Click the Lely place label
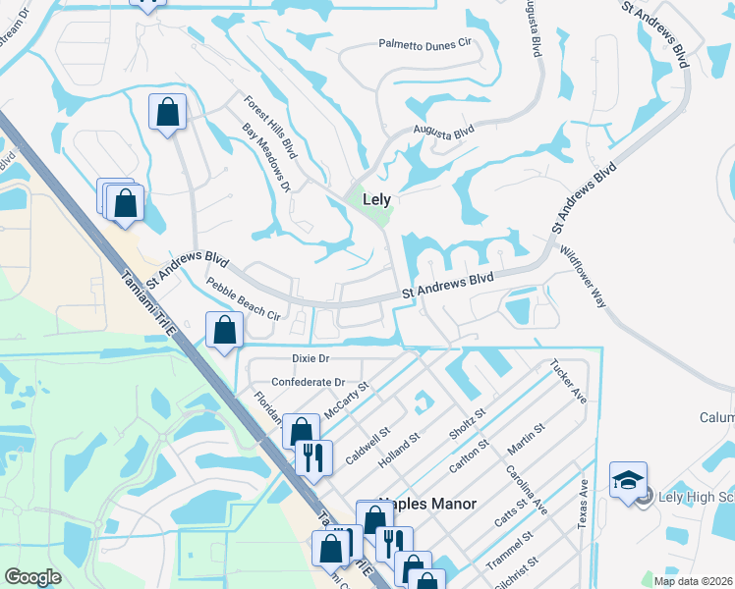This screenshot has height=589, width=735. click(377, 198)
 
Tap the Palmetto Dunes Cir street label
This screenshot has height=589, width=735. click(427, 44)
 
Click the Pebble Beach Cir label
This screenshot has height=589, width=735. click(244, 299)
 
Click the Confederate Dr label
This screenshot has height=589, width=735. click(308, 382)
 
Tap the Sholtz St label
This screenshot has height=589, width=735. click(468, 427)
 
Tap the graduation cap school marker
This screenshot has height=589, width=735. click(628, 480)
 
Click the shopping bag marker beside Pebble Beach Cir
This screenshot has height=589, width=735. click(225, 332)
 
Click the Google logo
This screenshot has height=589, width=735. click(32, 577)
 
